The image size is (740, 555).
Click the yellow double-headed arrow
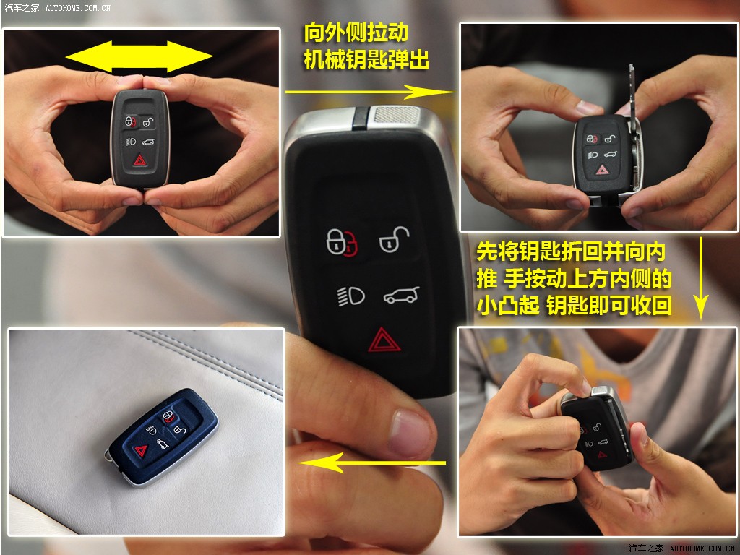point(139,57)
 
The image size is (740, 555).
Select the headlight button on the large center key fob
point(351,296)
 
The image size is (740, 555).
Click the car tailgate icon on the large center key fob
point(401,296)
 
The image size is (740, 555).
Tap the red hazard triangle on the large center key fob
point(384,340)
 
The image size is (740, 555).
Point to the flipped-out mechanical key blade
point(634,127)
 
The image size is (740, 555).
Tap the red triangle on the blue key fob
point(141,451)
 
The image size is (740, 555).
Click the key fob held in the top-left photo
point(139,138)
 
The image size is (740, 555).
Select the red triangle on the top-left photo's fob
point(139,160)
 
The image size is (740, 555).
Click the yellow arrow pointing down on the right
point(701,277)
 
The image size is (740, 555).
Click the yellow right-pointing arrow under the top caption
point(371,92)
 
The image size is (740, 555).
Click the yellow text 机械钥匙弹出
point(366,61)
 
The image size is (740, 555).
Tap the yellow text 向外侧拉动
point(356,33)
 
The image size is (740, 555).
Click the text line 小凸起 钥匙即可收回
point(574,306)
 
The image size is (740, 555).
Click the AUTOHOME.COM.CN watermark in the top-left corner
point(78,7)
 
